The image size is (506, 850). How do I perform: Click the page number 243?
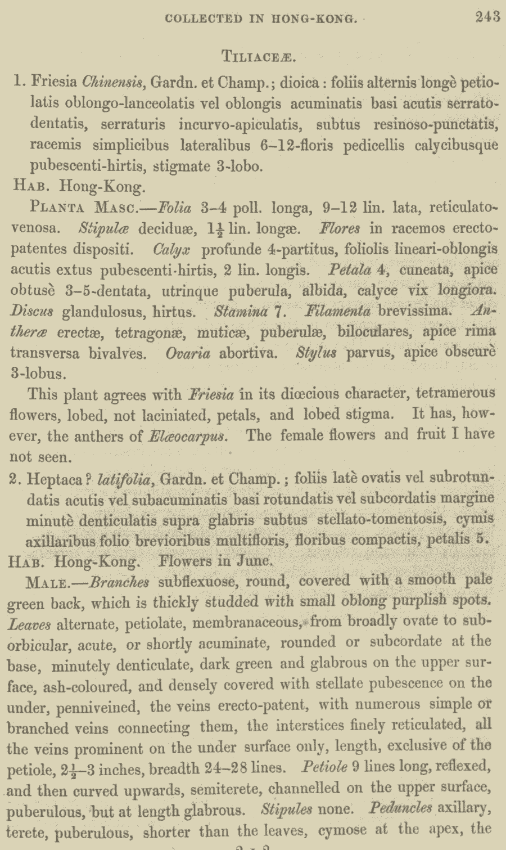[487, 17]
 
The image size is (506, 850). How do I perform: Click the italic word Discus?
[31, 311]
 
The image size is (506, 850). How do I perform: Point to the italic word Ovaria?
[188, 353]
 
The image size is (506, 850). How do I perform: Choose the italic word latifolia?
[124, 479]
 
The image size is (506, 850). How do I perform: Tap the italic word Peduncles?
[401, 808]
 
